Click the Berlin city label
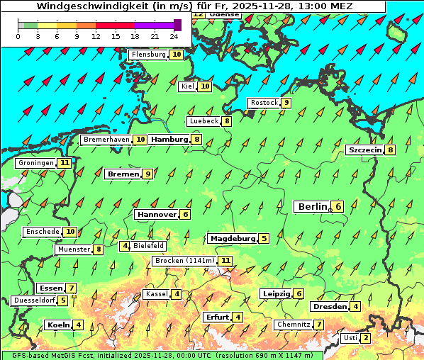(312, 206)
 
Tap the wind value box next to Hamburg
(197, 140)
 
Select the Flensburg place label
(148, 55)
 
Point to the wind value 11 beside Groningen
(65, 163)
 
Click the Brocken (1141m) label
(184, 261)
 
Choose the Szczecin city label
(364, 150)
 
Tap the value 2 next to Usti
(365, 338)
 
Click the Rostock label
(264, 103)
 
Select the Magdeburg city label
(232, 238)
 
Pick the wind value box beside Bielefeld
(125, 246)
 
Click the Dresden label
(329, 307)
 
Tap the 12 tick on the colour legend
(96, 35)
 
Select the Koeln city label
(57, 325)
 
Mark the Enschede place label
(42, 232)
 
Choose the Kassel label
(156, 294)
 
